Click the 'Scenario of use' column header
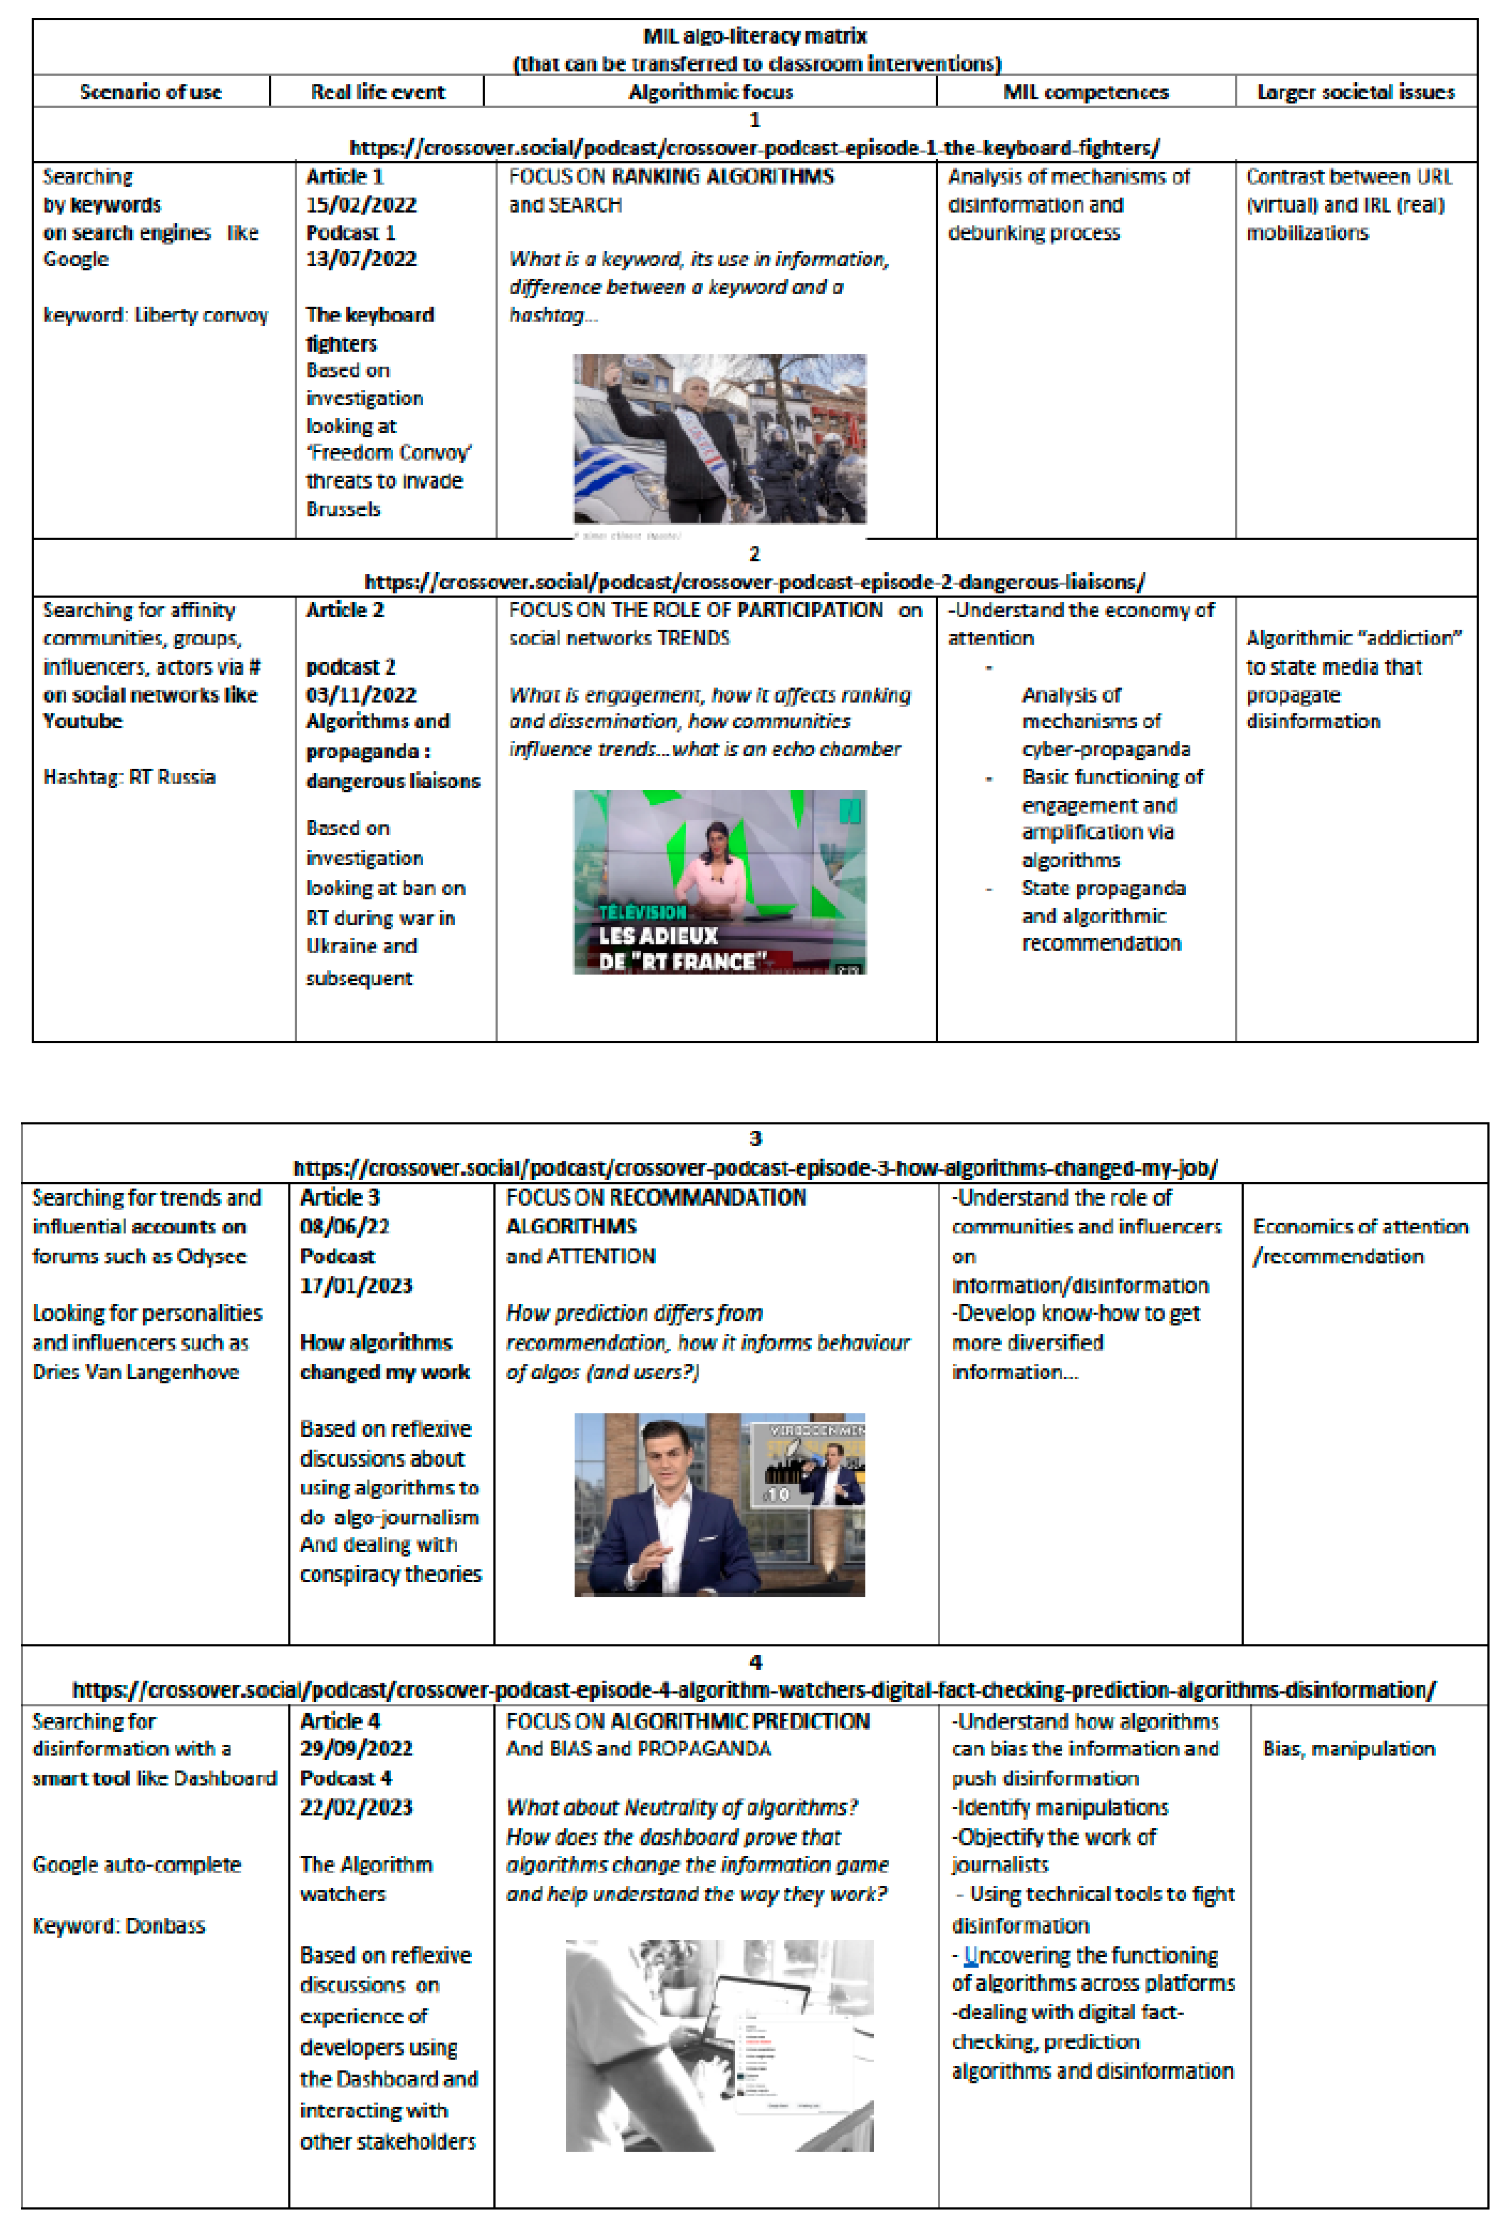coord(150,92)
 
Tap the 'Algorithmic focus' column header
coord(710,92)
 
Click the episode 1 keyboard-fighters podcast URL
coord(754,148)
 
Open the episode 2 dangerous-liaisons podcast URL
coord(754,582)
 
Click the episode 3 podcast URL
coord(754,1168)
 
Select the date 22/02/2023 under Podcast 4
coord(356,1807)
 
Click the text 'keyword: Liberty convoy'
coord(155,315)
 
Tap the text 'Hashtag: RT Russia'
coord(129,777)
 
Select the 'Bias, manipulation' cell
coord(1348,1749)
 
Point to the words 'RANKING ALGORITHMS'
coord(722,176)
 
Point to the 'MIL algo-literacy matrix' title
coord(754,37)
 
